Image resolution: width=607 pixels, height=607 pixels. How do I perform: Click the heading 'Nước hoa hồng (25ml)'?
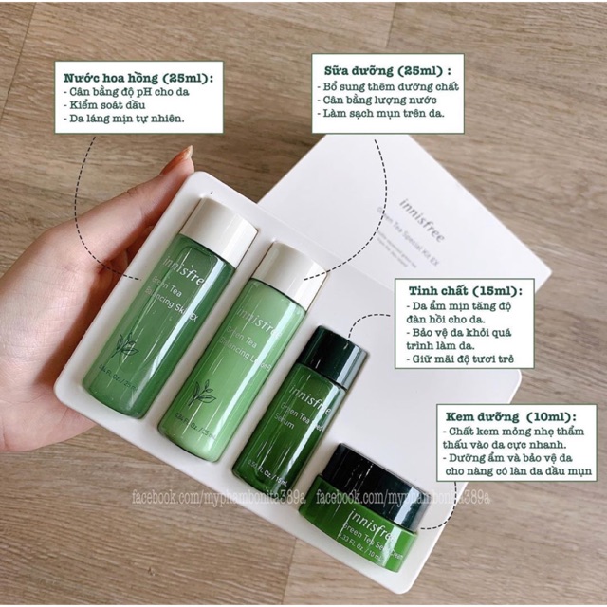[138, 76]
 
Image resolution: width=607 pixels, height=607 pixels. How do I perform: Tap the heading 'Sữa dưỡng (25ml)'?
[382, 70]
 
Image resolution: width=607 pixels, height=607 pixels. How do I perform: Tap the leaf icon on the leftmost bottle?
[126, 348]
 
